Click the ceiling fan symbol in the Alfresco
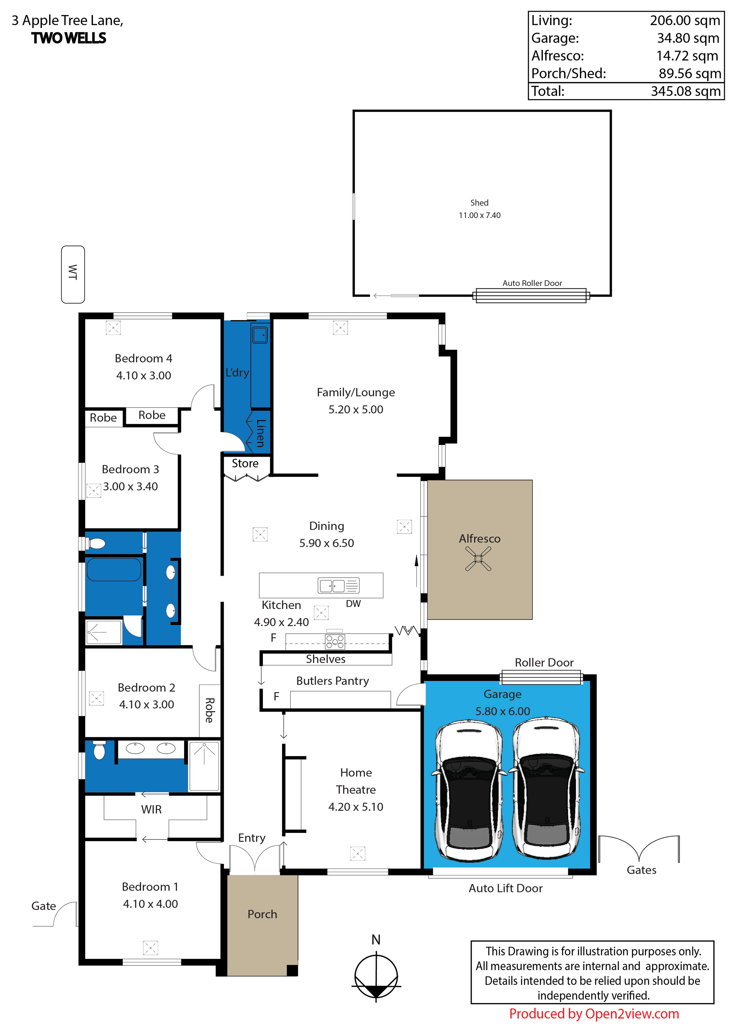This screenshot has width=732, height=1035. [478, 559]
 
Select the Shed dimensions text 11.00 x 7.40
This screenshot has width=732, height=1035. [480, 215]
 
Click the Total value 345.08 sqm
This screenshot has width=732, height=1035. [685, 91]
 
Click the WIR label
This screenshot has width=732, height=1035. [151, 810]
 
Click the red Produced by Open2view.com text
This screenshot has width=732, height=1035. [594, 1014]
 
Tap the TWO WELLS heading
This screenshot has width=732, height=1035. [69, 38]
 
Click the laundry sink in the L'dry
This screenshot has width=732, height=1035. [260, 335]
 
